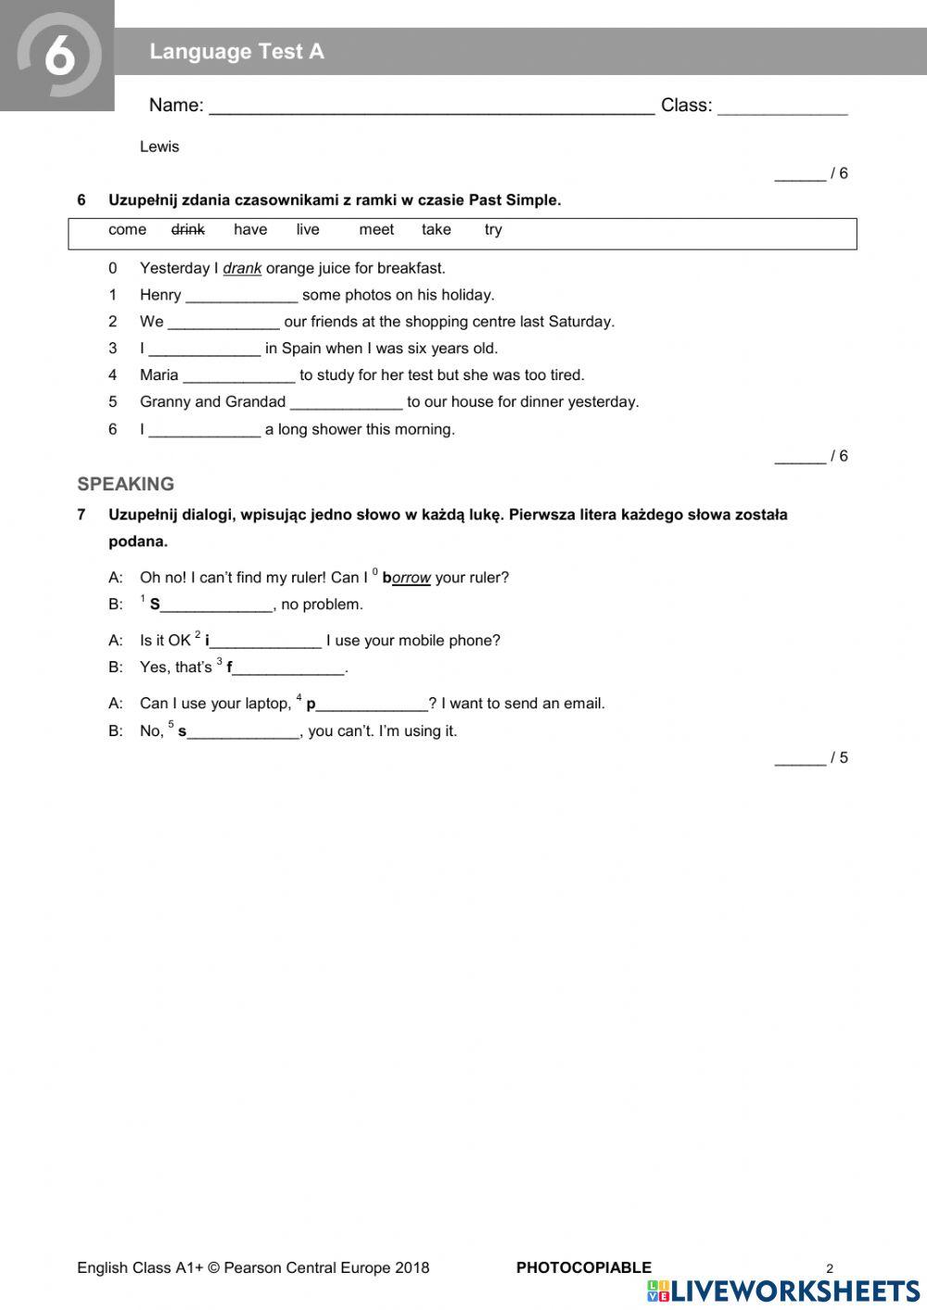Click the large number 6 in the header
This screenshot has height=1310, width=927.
pos(59,55)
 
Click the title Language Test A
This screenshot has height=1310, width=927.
pos(236,52)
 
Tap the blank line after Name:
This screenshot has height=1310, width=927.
pos(431,108)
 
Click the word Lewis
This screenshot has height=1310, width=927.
pos(159,146)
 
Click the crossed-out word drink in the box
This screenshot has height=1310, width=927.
pos(188,230)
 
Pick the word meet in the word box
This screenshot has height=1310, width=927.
pos(376,230)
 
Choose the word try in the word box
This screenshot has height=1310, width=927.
pos(493,230)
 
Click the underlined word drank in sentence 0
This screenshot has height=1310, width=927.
pos(242,269)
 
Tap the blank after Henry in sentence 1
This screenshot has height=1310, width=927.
pos(241,297)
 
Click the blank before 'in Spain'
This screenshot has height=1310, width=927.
pos(204,350)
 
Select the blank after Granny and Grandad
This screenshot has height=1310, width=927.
pos(346,403)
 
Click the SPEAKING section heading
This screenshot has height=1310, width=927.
pos(126,484)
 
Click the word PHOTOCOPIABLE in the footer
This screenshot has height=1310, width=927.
pos(583,1267)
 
